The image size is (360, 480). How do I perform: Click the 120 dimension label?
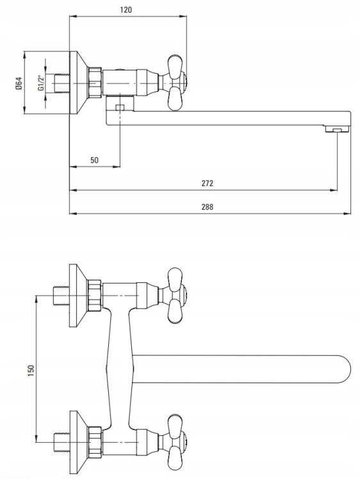tap(126, 10)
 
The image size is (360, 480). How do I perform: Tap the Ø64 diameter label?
tap(19, 83)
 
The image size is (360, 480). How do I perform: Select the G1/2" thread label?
tap(41, 83)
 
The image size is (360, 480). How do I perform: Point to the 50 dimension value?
tap(94, 160)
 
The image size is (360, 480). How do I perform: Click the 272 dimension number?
tap(207, 183)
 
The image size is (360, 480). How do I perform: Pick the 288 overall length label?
tap(207, 207)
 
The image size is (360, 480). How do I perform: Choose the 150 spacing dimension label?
tap(31, 371)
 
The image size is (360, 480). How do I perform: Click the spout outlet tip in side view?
tap(338, 129)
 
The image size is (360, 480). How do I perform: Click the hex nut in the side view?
tap(95, 83)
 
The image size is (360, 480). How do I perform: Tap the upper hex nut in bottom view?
tap(95, 296)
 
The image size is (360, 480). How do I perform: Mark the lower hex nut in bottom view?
tap(95, 442)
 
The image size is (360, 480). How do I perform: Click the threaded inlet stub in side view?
tap(61, 83)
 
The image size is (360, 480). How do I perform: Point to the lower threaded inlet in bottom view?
tap(61, 442)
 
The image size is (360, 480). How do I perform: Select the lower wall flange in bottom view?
tap(78, 442)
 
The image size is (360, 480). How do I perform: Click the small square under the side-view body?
tap(120, 108)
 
